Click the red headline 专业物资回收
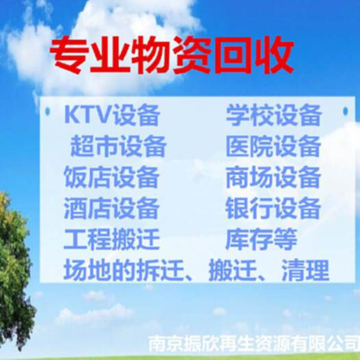(171, 55)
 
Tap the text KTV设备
(112, 115)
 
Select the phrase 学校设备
(273, 115)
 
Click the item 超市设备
(118, 146)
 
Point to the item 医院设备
(273, 146)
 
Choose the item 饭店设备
(111, 177)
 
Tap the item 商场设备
(273, 177)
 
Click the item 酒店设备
(111, 208)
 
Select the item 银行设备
(273, 208)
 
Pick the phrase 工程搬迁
(111, 239)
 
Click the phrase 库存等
(261, 239)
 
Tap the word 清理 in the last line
(306, 270)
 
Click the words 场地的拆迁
(124, 270)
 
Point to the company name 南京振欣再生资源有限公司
(254, 344)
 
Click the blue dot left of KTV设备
(48, 112)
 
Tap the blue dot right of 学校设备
(346, 111)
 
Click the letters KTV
(88, 114)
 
